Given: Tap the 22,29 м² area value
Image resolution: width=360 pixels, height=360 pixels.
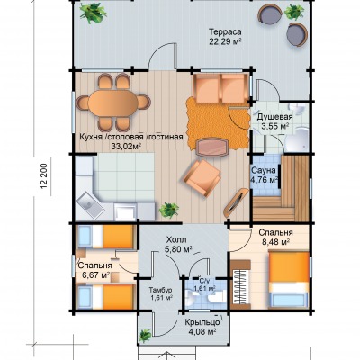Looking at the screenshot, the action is (x=226, y=41).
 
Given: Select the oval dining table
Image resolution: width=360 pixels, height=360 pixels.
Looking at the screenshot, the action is (x=113, y=103).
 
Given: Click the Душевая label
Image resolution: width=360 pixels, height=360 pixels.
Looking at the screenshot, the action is (x=275, y=116).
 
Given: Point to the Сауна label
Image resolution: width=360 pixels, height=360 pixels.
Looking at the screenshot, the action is (x=264, y=170).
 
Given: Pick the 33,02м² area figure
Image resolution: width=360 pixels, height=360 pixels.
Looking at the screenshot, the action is (x=126, y=147).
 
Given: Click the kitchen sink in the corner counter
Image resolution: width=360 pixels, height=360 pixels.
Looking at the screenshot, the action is (x=90, y=206).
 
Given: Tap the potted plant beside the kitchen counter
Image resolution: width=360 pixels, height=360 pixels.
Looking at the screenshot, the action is (x=169, y=210).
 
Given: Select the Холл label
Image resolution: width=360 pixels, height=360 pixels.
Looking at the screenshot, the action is (x=176, y=240).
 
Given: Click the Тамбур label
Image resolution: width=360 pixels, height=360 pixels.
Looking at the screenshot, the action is (x=160, y=290).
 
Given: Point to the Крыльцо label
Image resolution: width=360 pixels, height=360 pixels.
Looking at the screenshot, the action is (x=202, y=323).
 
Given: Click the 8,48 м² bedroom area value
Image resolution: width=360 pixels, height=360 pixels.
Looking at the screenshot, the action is (x=275, y=242).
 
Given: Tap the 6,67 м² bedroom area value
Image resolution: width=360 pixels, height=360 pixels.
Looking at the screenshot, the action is (x=94, y=274).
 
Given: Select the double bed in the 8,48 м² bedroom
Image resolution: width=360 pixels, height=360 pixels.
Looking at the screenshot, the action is (x=289, y=280).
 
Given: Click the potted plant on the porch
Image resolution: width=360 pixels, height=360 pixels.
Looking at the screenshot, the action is (x=145, y=335).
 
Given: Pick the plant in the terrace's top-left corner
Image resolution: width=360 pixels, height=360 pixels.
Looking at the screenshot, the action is (x=93, y=12).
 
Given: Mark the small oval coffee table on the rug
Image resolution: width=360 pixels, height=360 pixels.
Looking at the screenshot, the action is (x=212, y=148).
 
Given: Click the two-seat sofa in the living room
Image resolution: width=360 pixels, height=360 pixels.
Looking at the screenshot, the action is (x=221, y=89).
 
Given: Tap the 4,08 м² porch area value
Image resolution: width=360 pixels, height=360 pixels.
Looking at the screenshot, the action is (x=203, y=332).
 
